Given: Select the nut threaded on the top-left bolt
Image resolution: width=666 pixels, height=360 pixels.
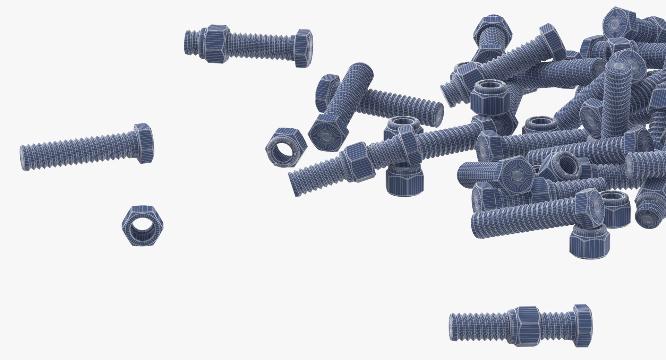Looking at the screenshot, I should click(215, 44).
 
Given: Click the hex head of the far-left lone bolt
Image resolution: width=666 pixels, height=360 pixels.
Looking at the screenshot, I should click(144, 143).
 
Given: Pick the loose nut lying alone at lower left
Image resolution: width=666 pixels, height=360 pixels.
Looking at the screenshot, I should click(143, 226).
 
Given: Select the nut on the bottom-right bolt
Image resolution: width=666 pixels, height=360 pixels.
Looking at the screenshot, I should click(527, 326).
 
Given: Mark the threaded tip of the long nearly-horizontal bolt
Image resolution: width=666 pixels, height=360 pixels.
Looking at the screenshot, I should click(295, 184).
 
